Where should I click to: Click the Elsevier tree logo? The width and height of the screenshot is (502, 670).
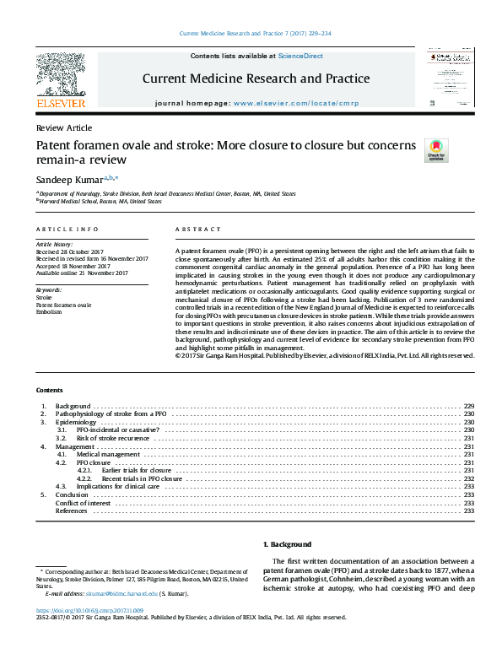(x=61, y=76)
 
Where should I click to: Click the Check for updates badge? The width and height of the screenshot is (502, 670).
(x=436, y=151)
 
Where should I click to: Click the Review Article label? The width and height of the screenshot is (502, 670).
(x=64, y=127)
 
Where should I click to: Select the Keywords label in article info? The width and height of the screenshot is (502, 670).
(x=49, y=289)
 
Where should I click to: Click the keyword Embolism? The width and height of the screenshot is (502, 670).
(x=49, y=311)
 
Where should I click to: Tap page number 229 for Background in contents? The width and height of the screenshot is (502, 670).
(x=469, y=406)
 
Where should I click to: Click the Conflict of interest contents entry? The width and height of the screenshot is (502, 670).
(x=83, y=503)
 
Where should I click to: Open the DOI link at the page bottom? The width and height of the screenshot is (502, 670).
(x=89, y=609)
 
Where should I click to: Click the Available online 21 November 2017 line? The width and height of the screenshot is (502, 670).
(x=82, y=273)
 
